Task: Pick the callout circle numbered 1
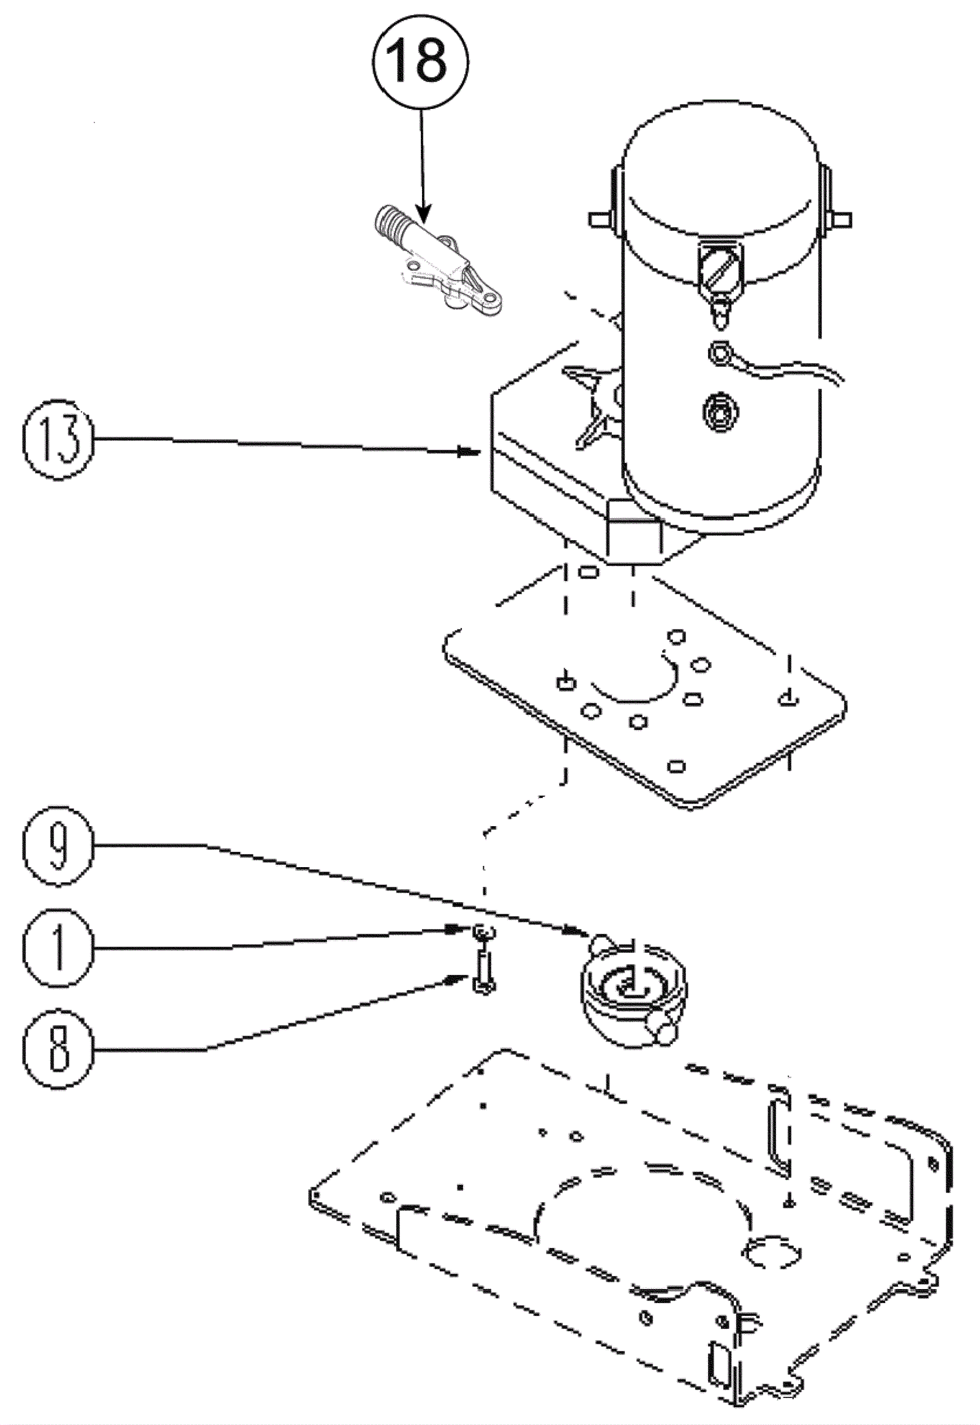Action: tap(59, 948)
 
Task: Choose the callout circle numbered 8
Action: tap(59, 1048)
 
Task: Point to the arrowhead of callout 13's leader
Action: tap(470, 452)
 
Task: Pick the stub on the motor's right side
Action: tap(837, 219)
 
